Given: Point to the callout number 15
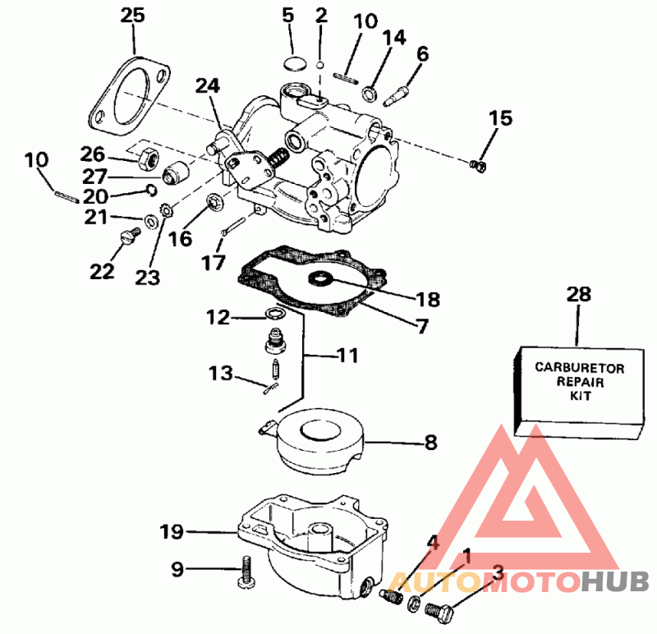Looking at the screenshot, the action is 501,117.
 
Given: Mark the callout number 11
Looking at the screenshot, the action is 348,356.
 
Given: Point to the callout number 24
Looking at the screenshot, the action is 209,85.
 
